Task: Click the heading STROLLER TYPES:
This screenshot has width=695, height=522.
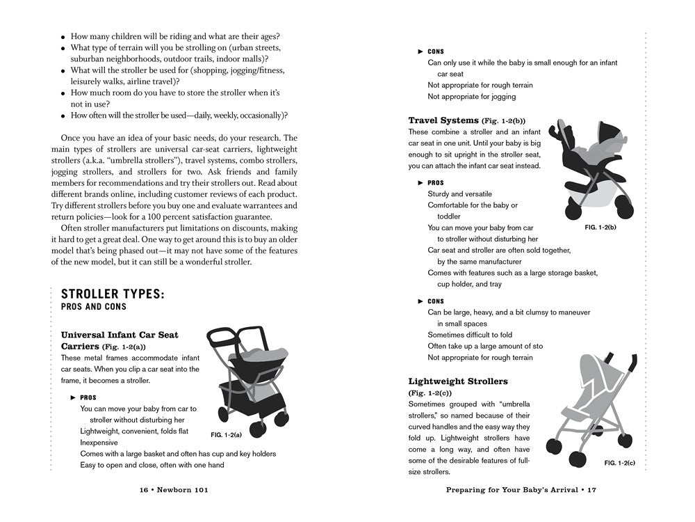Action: tap(113, 294)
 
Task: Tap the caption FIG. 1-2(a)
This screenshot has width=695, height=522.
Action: tap(226, 435)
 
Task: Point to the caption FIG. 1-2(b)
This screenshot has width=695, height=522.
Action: tap(601, 228)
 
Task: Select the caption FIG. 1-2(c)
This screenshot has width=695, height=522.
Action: tap(620, 462)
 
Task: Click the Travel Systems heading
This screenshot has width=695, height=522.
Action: tap(443, 120)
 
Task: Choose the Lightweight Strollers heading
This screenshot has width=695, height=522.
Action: tap(458, 381)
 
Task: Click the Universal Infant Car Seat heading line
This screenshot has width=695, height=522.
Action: tap(120, 335)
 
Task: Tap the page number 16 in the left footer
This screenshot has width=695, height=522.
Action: tap(145, 490)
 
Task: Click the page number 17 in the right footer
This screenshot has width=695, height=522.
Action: tap(591, 490)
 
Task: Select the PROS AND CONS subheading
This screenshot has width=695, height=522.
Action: tap(94, 307)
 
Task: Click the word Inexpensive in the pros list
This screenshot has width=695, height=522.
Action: tap(99, 443)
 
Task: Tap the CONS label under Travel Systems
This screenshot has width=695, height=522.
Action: tap(435, 301)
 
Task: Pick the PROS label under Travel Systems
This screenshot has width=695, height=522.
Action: tap(435, 183)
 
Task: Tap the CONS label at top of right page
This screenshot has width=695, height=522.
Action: tap(435, 52)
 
